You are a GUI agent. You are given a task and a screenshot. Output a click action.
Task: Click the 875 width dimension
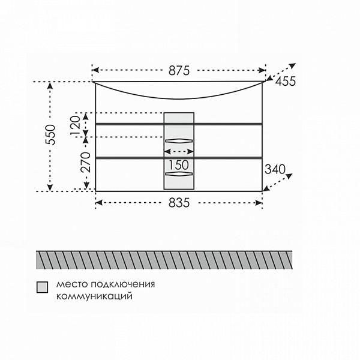click(x=179, y=70)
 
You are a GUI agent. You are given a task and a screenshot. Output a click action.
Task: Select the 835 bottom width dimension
click(x=179, y=203)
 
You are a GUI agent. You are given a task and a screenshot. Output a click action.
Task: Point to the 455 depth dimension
click(x=286, y=81)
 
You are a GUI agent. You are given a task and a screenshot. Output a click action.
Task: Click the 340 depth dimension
click(x=275, y=169)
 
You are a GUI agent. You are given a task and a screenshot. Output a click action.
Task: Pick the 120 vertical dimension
click(x=76, y=125)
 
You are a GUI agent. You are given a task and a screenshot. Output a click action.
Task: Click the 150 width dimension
click(x=179, y=164)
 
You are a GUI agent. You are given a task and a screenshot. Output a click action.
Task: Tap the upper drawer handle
click(x=179, y=141)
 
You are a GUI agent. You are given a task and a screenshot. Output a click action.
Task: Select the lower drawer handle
click(x=179, y=174)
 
